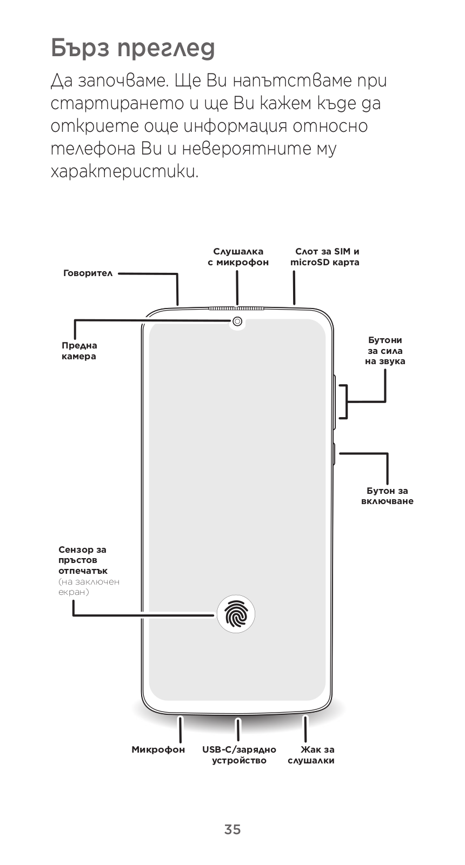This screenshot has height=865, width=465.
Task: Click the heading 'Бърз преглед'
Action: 133,48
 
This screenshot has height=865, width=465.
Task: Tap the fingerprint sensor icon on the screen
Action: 236,614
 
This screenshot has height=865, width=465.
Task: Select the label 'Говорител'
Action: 88,273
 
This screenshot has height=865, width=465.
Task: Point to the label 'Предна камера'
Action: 79,351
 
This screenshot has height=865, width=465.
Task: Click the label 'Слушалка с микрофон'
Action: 238,257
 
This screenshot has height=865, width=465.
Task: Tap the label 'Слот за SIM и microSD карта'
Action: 325,257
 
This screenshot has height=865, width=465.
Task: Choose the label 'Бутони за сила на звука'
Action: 385,351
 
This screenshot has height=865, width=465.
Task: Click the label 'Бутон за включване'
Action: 387,496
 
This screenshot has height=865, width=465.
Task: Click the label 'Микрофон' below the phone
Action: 158,749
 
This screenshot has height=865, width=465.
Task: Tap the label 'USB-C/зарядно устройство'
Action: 239,755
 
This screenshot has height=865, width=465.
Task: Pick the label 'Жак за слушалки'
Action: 311,755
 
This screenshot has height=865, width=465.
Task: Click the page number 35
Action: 232,829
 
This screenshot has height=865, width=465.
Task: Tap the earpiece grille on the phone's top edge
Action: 237,309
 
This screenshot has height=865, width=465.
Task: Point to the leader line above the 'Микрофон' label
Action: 180,729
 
